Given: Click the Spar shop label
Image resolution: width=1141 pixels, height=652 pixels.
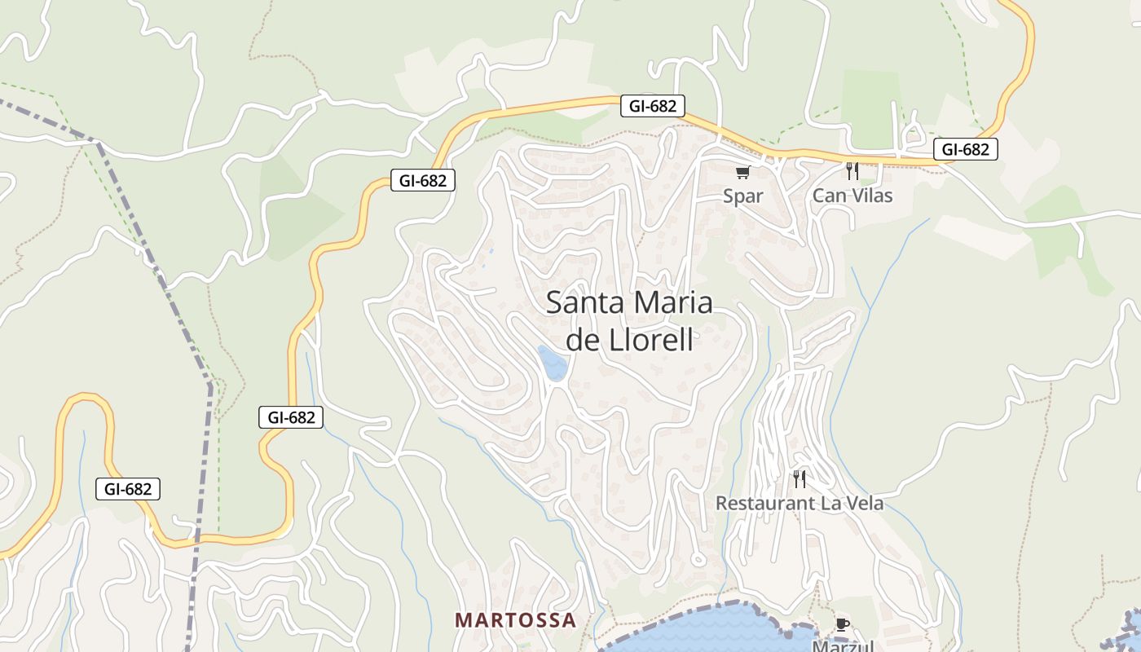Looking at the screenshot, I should click(x=743, y=196).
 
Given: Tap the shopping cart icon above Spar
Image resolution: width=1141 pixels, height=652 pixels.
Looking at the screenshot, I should click(x=742, y=172).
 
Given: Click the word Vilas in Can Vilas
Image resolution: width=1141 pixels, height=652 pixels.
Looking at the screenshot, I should click(x=871, y=196).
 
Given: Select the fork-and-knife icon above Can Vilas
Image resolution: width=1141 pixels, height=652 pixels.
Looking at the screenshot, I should click(x=852, y=170).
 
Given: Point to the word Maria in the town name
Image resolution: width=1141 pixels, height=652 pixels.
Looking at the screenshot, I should click(x=672, y=302).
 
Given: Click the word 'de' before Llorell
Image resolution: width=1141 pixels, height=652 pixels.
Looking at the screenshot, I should click(x=583, y=339).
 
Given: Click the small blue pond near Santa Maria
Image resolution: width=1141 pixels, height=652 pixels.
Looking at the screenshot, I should click(x=553, y=363).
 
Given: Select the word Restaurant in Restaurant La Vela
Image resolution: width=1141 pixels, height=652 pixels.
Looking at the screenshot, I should click(x=764, y=503).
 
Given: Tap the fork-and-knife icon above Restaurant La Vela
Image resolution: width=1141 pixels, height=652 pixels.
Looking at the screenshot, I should click(x=800, y=478).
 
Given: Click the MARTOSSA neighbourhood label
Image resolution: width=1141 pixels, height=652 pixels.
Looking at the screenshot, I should click(x=515, y=620).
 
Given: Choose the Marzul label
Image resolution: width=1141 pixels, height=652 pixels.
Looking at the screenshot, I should click(x=843, y=645).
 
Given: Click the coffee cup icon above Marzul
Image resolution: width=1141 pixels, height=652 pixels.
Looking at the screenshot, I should click(x=843, y=624).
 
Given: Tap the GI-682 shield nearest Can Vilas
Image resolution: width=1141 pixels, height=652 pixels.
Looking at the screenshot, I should click(x=965, y=149).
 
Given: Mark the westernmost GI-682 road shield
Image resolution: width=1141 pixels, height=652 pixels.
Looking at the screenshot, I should click(x=128, y=489).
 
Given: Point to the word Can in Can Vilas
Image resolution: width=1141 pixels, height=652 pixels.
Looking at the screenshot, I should click(x=829, y=196).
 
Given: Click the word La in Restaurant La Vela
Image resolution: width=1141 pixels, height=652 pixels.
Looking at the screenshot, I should click(x=830, y=503).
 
